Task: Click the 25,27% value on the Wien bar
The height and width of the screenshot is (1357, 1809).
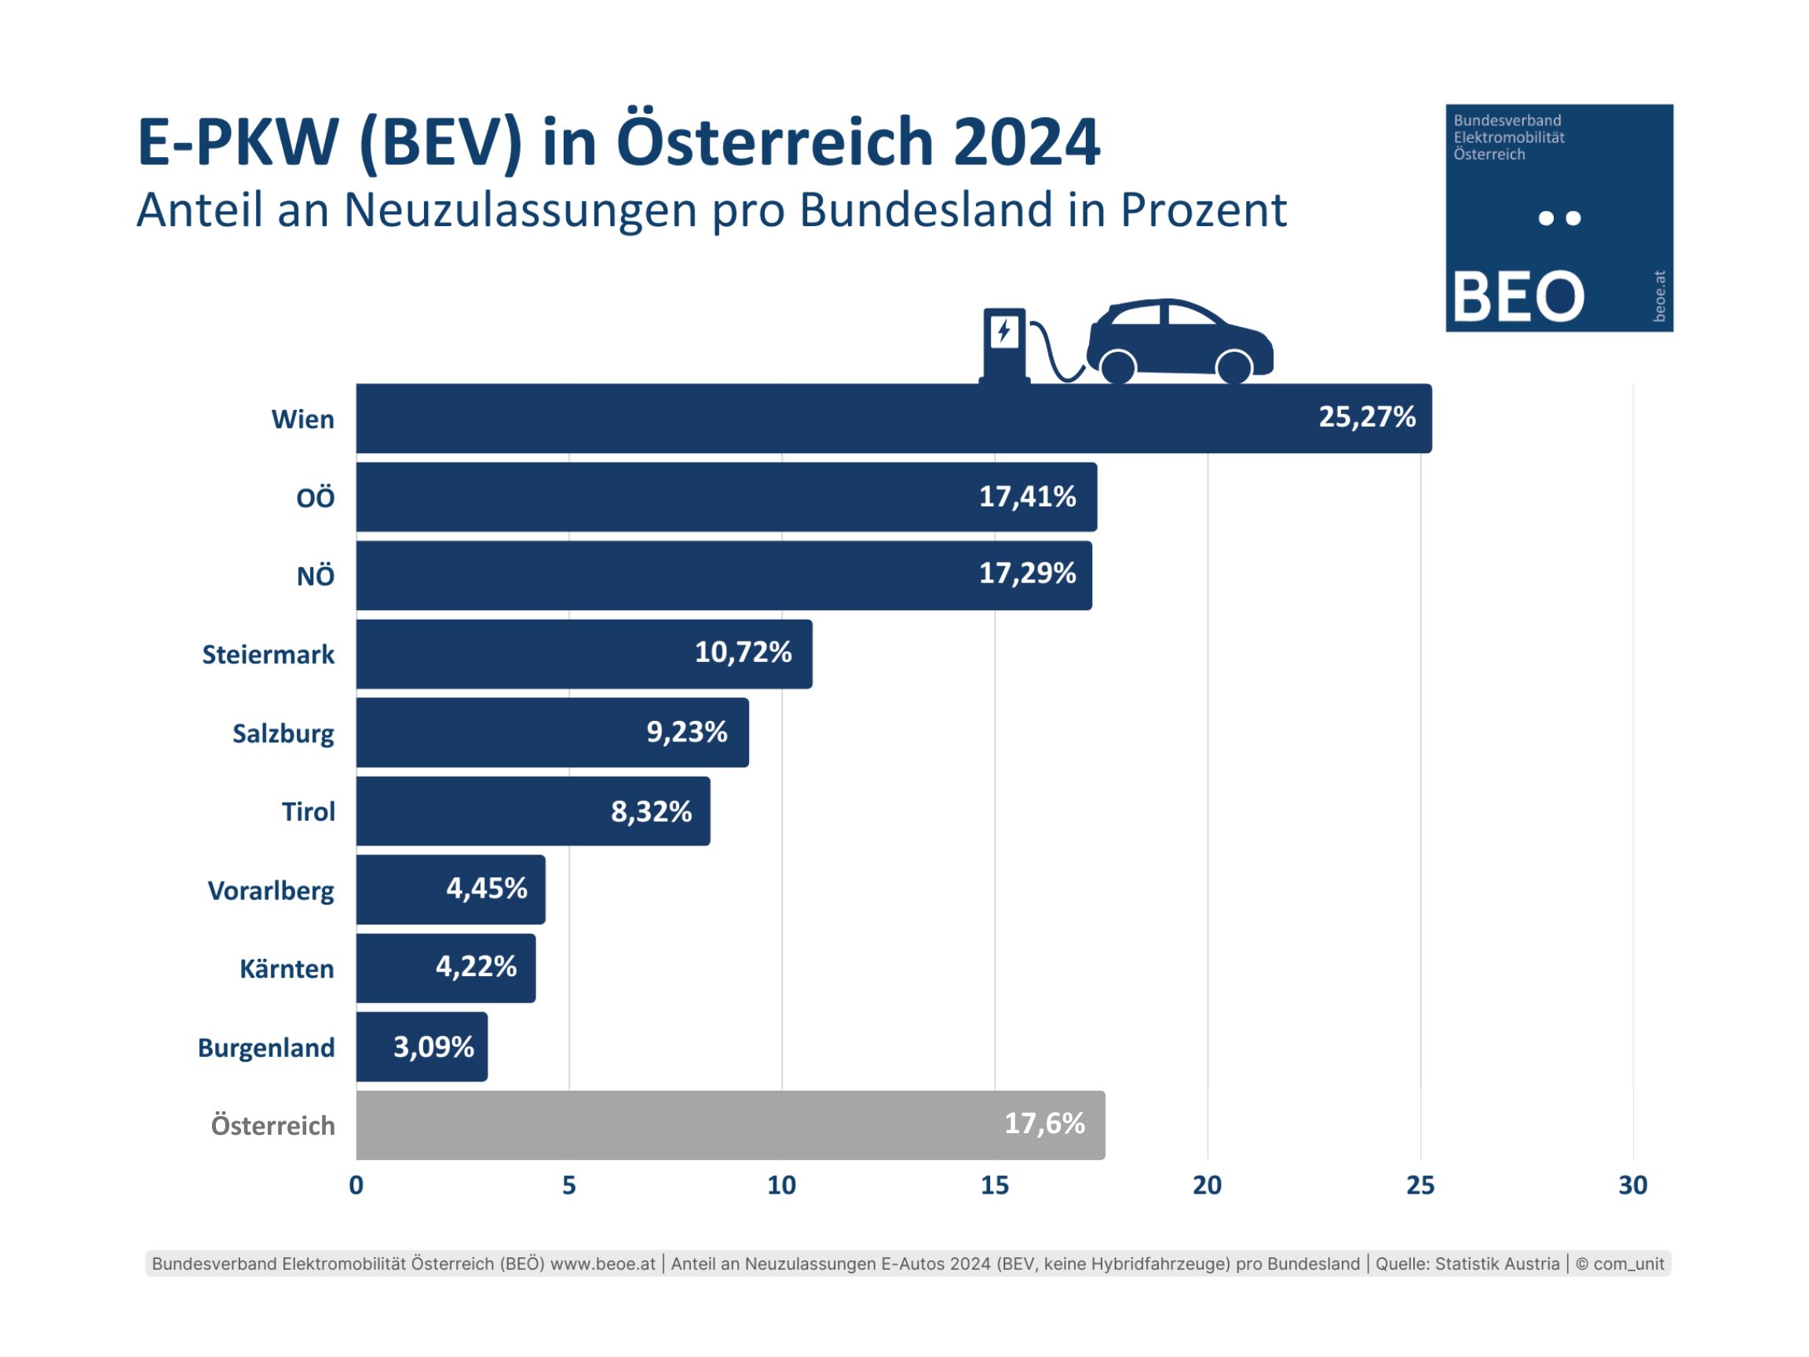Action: coord(1366,417)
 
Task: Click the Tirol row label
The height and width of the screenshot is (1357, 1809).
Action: coord(309,811)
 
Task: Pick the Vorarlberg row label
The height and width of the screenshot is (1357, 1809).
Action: coord(271,890)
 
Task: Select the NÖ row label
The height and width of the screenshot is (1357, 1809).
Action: coord(315,576)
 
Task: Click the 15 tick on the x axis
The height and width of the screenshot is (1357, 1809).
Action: coord(995,1185)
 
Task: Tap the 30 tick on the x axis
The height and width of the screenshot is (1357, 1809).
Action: coord(1632,1185)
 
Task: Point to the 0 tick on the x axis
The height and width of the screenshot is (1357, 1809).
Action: coord(356,1185)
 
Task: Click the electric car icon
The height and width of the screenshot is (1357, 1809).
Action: coord(1179,341)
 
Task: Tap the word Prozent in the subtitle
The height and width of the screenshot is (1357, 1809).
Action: coord(1203,210)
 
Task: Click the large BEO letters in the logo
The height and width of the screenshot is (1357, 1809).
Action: coord(1518,296)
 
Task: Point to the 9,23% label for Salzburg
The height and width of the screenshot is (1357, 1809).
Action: coord(686,732)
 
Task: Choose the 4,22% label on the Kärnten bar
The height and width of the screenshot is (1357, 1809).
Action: coord(476,967)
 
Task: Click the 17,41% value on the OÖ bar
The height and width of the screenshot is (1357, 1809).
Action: coord(1027,496)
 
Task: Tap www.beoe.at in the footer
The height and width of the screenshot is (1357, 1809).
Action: coord(603,1264)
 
